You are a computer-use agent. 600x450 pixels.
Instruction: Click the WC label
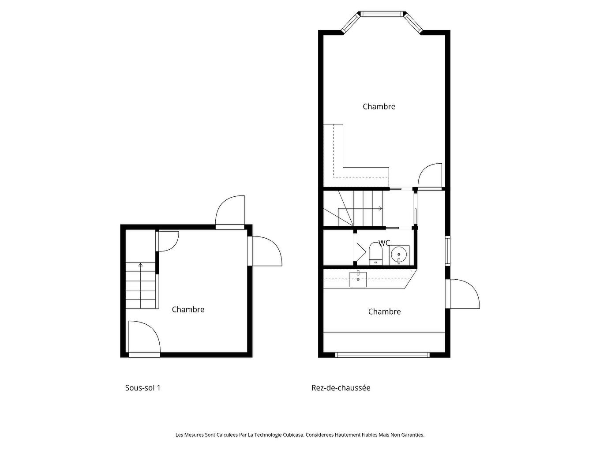click(x=384, y=243)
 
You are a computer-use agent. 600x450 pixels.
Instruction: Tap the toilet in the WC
click(x=375, y=253)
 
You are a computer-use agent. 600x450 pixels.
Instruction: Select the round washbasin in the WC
click(x=399, y=255)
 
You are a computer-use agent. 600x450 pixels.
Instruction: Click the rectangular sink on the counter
click(x=358, y=279)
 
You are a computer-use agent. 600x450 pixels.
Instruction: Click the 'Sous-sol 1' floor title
click(x=142, y=388)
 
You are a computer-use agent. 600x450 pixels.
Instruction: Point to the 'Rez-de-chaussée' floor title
click(x=341, y=388)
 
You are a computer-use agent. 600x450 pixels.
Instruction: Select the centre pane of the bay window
click(x=382, y=14)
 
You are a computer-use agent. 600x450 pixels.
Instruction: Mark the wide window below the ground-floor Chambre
click(x=382, y=355)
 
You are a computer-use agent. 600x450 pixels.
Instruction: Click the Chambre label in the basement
click(x=188, y=309)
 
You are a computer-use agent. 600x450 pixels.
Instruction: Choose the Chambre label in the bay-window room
click(x=379, y=106)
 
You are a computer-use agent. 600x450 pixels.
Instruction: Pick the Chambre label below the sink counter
click(x=384, y=311)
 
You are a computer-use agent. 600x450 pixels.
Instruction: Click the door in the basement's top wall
click(x=230, y=212)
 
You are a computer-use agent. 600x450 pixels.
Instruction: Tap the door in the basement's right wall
click(x=265, y=251)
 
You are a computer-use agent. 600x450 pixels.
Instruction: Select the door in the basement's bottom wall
click(x=144, y=339)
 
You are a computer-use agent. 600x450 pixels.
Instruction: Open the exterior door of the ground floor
click(x=462, y=294)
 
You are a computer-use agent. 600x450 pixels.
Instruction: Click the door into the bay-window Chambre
click(x=430, y=176)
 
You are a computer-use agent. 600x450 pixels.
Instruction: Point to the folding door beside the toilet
click(x=361, y=251)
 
